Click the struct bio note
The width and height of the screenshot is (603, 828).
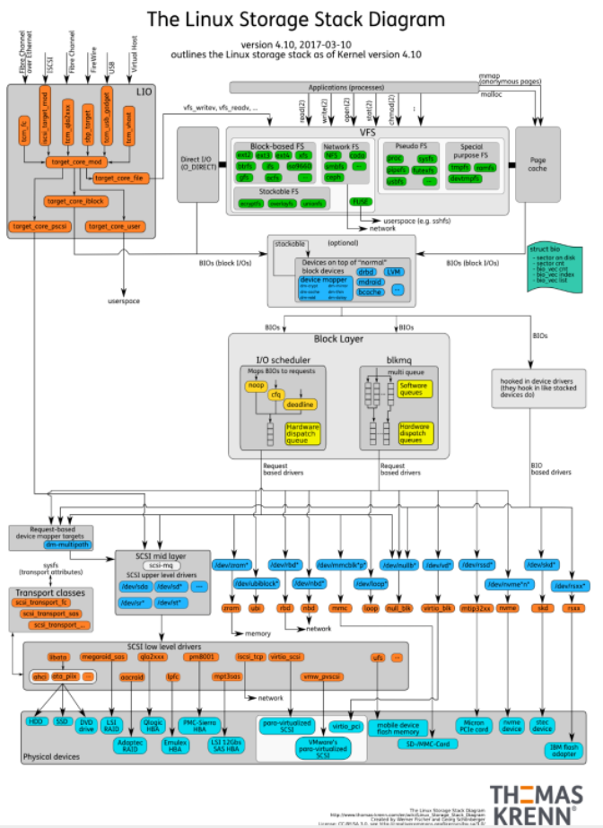(554, 266)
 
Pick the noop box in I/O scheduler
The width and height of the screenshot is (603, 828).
(255, 385)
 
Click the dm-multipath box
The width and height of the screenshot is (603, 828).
(67, 545)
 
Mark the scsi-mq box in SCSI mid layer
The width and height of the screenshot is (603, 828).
(161, 567)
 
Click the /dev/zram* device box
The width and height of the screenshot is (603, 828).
(230, 566)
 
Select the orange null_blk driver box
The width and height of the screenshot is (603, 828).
(397, 607)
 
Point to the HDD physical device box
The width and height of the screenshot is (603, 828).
(37, 720)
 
